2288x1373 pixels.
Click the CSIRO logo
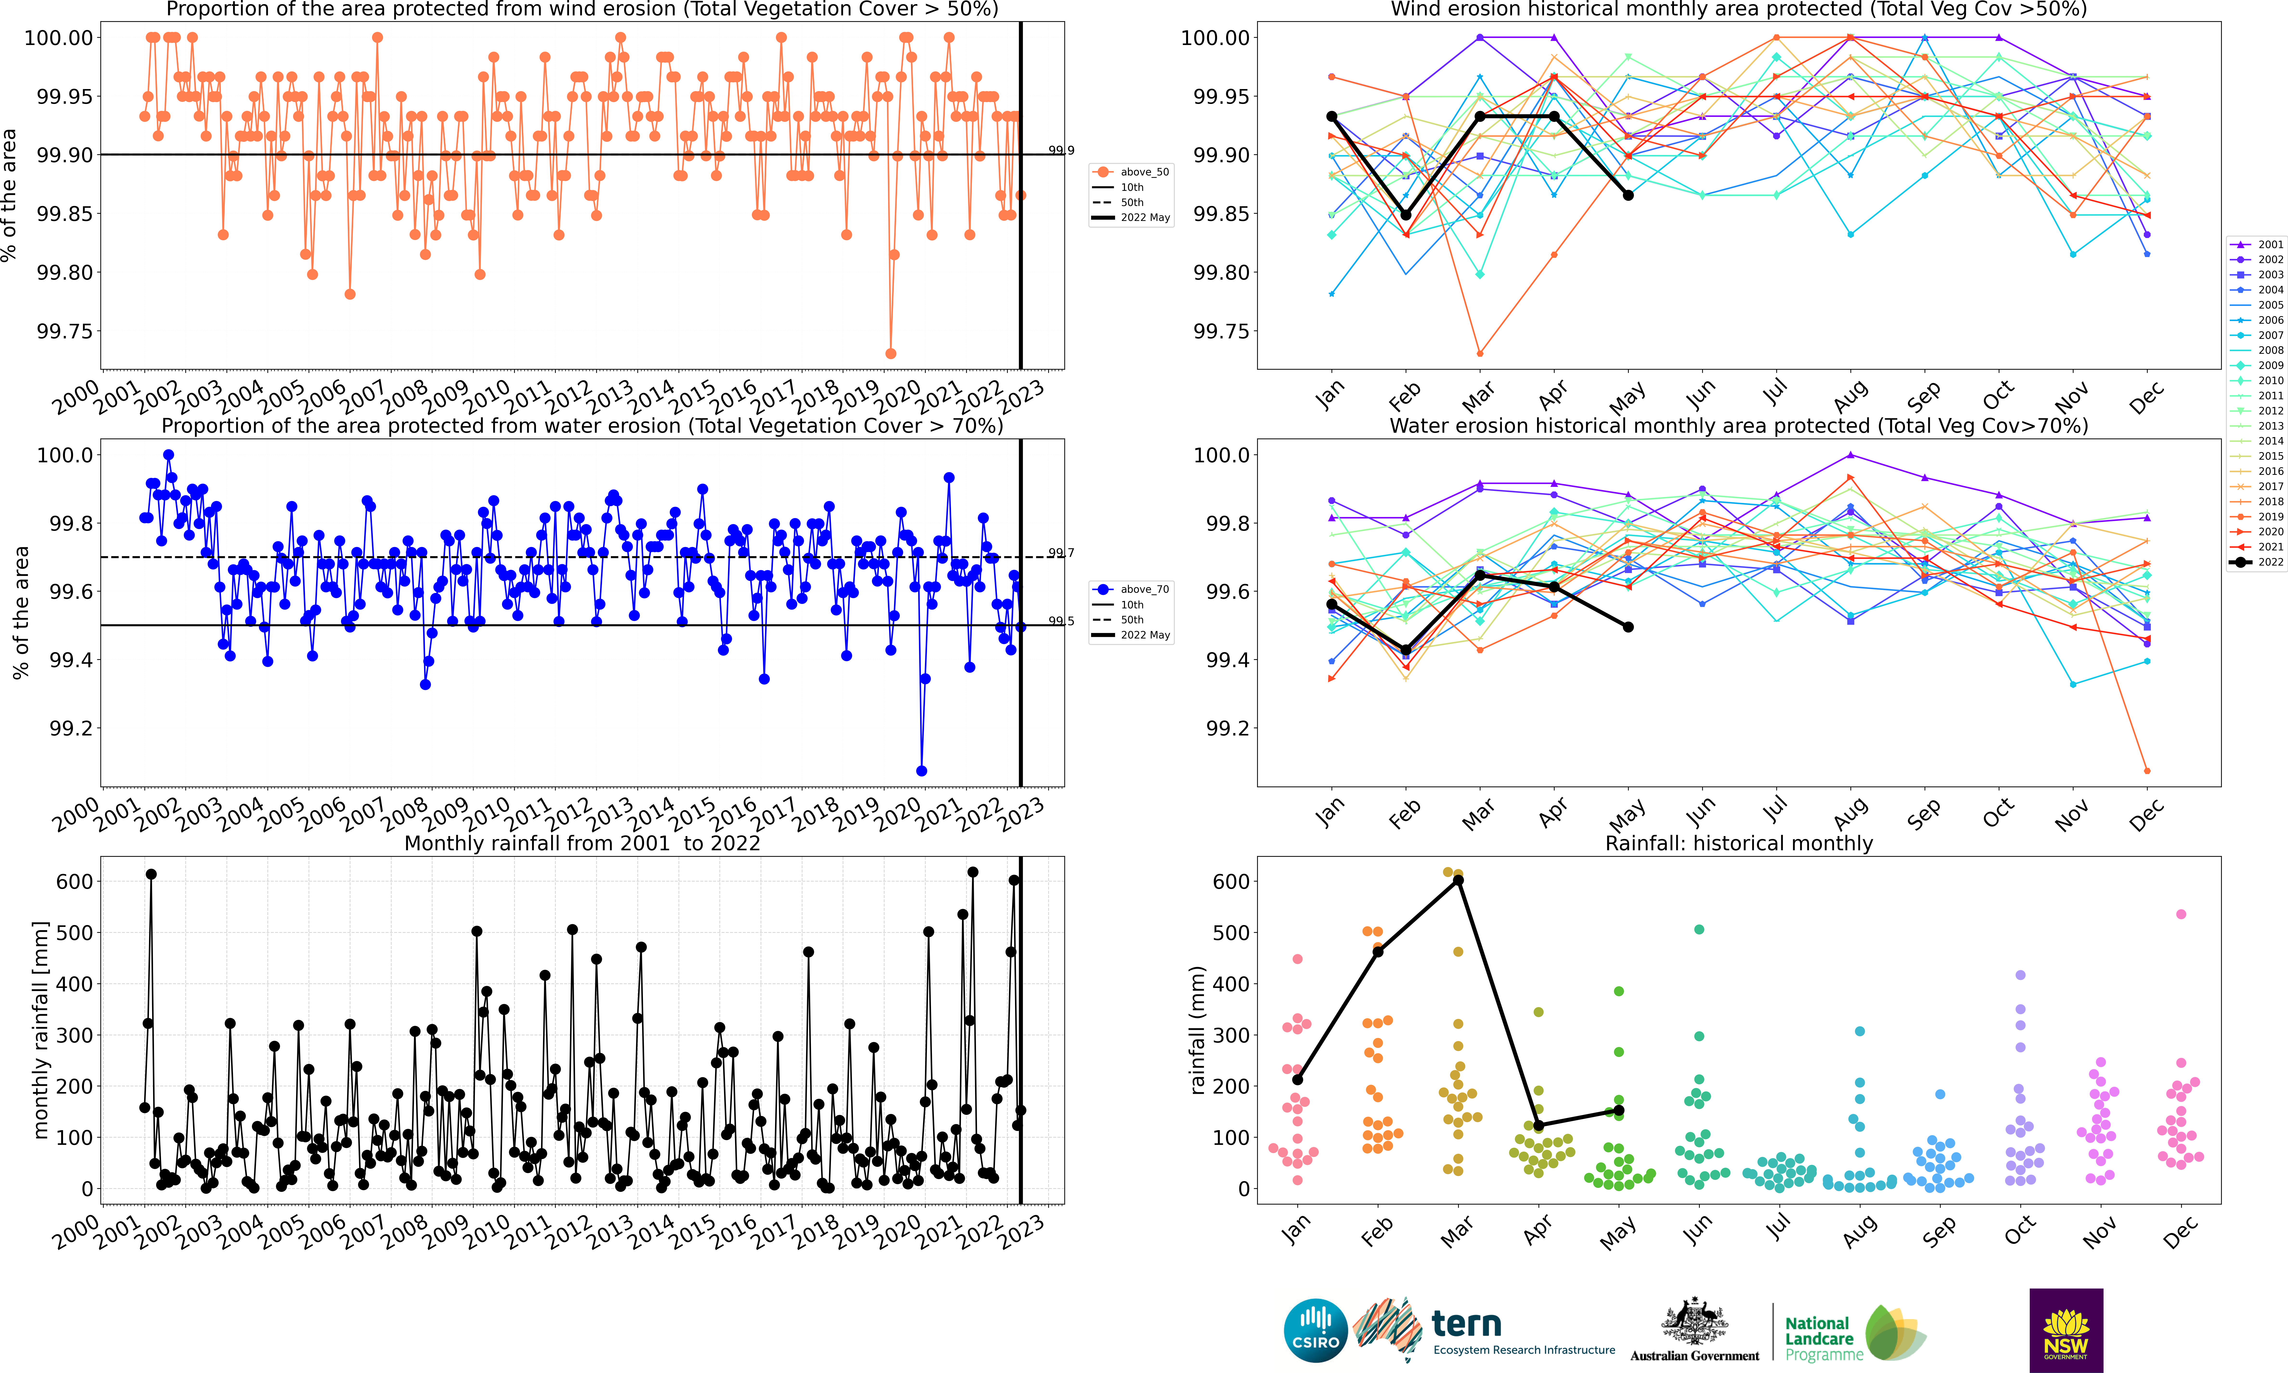pyautogui.click(x=1315, y=1330)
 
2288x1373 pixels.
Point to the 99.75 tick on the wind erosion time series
pyautogui.click(x=65, y=331)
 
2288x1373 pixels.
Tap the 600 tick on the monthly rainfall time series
pyautogui.click(x=74, y=882)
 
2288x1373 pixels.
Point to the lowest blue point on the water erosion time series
pyautogui.click(x=921, y=771)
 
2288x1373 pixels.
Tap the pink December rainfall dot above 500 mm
pyautogui.click(x=2181, y=914)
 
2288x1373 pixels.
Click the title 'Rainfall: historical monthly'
pyautogui.click(x=1739, y=844)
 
